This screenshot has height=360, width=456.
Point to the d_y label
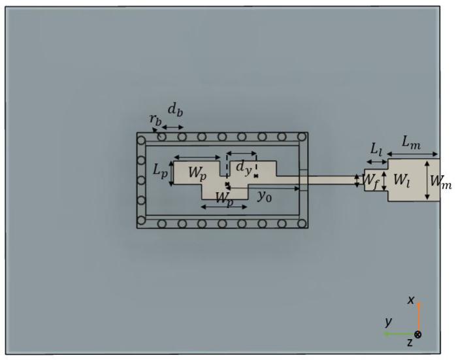tap(243, 169)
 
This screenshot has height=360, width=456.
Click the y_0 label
tap(265, 195)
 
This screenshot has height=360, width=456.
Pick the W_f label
tap(370, 178)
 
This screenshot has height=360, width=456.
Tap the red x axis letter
tap(411, 300)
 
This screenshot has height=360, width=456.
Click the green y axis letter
tap(389, 321)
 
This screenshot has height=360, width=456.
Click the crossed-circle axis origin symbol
tap(418, 334)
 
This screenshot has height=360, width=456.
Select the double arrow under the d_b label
tap(172, 126)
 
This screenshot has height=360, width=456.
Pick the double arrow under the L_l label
tap(377, 161)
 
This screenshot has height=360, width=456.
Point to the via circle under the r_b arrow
tap(161, 137)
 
